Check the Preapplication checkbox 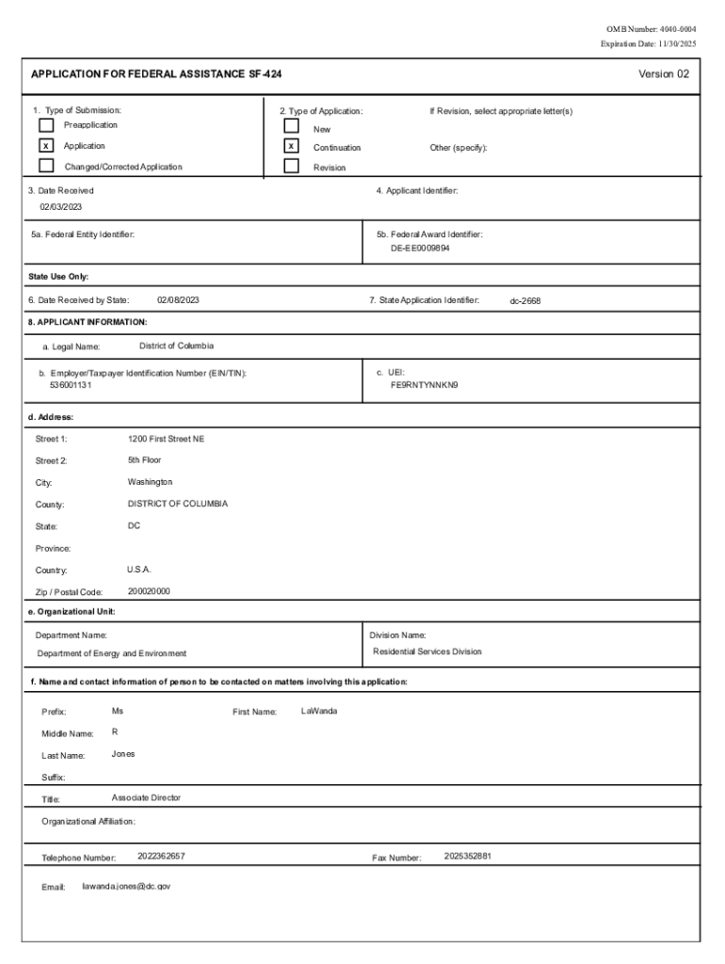tap(46, 125)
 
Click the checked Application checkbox tap(46, 146)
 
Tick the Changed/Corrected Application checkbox tap(46, 167)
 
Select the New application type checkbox tap(292, 126)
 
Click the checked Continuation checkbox tap(292, 147)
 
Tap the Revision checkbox tap(292, 167)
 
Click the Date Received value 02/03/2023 tap(60, 207)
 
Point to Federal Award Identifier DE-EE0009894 tap(420, 249)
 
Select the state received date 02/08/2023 tap(178, 300)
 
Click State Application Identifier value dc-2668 tap(525, 301)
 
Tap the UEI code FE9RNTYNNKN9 tap(424, 385)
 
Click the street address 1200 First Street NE tap(166, 439)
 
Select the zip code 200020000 tap(149, 591)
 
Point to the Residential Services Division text tap(427, 651)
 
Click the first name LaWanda tap(319, 711)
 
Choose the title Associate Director tap(146, 797)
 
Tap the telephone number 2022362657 tap(161, 856)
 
